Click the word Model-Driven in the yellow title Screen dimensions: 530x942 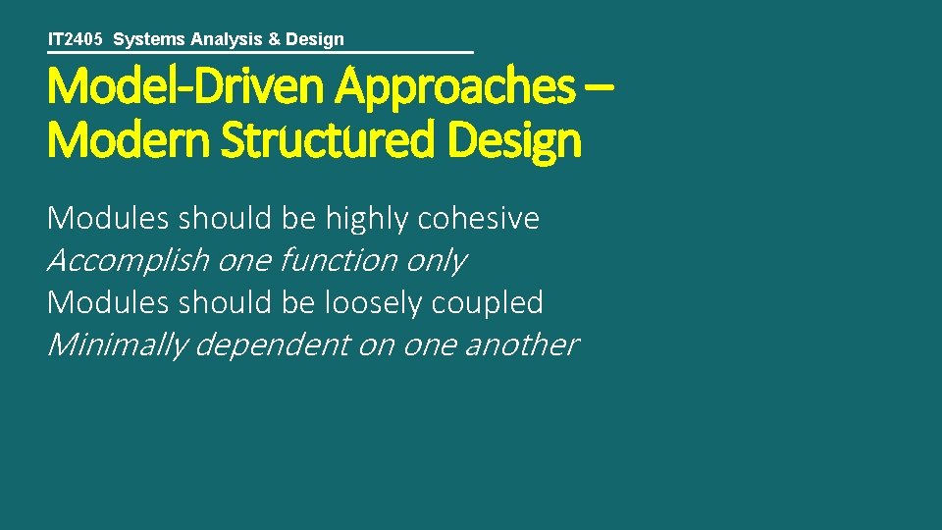(x=186, y=87)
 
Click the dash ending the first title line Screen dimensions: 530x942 (x=600, y=87)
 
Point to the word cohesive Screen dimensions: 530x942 (x=479, y=218)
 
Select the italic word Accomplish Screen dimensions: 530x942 (x=128, y=260)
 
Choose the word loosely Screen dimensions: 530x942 (x=372, y=302)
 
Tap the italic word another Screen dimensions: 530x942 (x=522, y=344)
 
